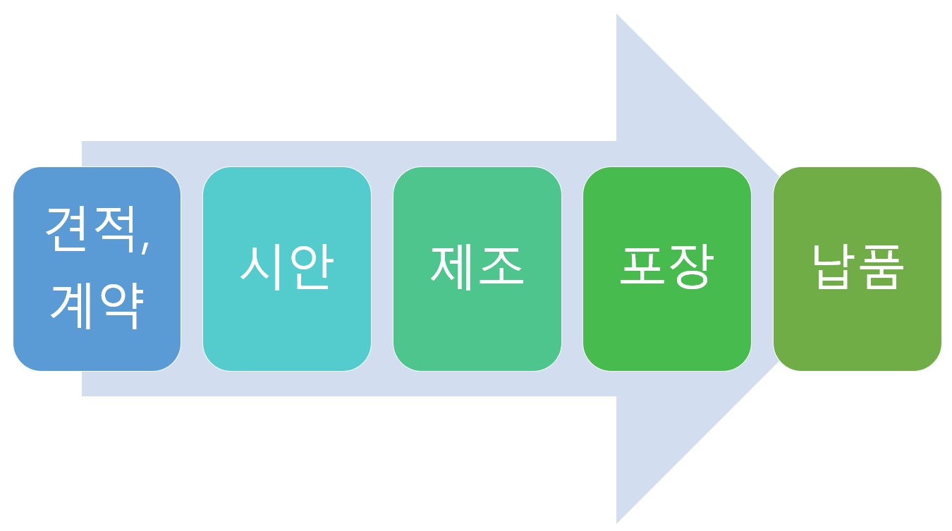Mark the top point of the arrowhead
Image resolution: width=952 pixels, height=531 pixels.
click(618, 16)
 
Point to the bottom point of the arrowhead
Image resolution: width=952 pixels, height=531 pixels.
click(618, 521)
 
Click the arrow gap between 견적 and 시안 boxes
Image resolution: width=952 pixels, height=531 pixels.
click(192, 269)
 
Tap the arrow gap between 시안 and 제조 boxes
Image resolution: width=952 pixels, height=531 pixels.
click(382, 269)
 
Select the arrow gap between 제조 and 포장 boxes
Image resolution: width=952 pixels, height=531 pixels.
click(573, 269)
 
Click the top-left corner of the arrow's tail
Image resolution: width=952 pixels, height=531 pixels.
click(83, 142)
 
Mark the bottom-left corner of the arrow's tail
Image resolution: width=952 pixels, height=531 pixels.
click(83, 395)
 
